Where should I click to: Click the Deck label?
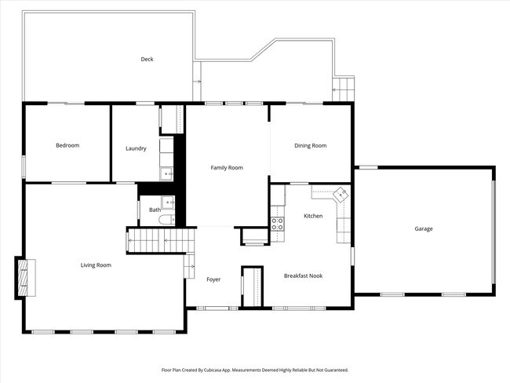pos(147,60)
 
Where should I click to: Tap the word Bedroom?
pos(67,145)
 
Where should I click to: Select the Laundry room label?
pos(136,148)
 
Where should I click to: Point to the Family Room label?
pos(227,167)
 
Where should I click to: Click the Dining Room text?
pos(310,145)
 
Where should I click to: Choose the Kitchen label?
pos(313,215)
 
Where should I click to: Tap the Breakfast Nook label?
pos(303,275)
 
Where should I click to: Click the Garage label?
pos(424,229)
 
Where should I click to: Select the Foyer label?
pos(213,279)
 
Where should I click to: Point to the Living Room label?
pos(96,265)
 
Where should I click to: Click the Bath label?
pos(155,210)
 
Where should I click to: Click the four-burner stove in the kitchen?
pos(277,223)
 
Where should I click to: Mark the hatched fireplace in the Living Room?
pos(23,277)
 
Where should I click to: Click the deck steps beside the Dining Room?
pos(344,87)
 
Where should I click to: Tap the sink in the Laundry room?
pos(166,174)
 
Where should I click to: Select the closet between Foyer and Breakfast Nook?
pos(252,286)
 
